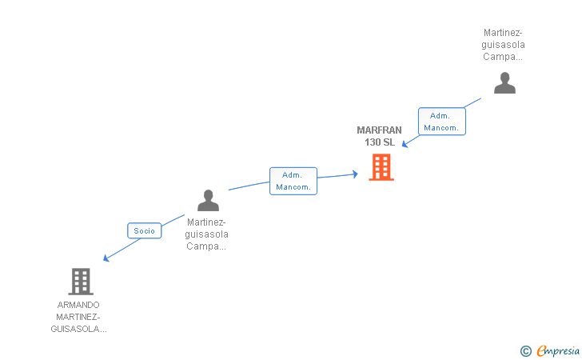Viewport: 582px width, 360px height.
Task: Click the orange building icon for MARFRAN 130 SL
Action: pos(381,167)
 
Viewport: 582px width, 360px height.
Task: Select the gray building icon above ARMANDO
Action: pos(81,281)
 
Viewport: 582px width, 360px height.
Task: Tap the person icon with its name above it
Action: pos(504,83)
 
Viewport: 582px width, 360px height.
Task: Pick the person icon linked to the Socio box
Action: pos(208,200)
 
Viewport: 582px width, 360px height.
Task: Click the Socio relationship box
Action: pos(145,230)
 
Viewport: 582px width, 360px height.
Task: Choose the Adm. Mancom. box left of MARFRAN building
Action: pos(293,181)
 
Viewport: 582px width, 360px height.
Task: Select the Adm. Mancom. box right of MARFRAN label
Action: pos(441,122)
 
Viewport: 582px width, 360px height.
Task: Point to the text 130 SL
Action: pos(380,142)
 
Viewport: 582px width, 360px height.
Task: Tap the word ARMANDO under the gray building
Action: pos(78,305)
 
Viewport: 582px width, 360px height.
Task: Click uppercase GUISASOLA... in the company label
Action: pos(78,329)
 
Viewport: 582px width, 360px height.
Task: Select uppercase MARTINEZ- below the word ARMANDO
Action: pos(78,317)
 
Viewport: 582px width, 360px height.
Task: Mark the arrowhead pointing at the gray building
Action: pos(106,259)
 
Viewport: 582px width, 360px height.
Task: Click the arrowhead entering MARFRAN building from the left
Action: pos(354,174)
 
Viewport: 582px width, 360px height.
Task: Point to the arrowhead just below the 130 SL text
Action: pos(405,145)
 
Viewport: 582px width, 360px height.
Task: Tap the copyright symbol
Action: pos(525,350)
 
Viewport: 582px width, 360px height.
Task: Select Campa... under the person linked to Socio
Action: pos(206,246)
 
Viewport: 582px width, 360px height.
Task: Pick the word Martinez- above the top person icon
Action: pos(503,33)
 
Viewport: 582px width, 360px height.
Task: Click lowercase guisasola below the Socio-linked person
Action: pos(206,234)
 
